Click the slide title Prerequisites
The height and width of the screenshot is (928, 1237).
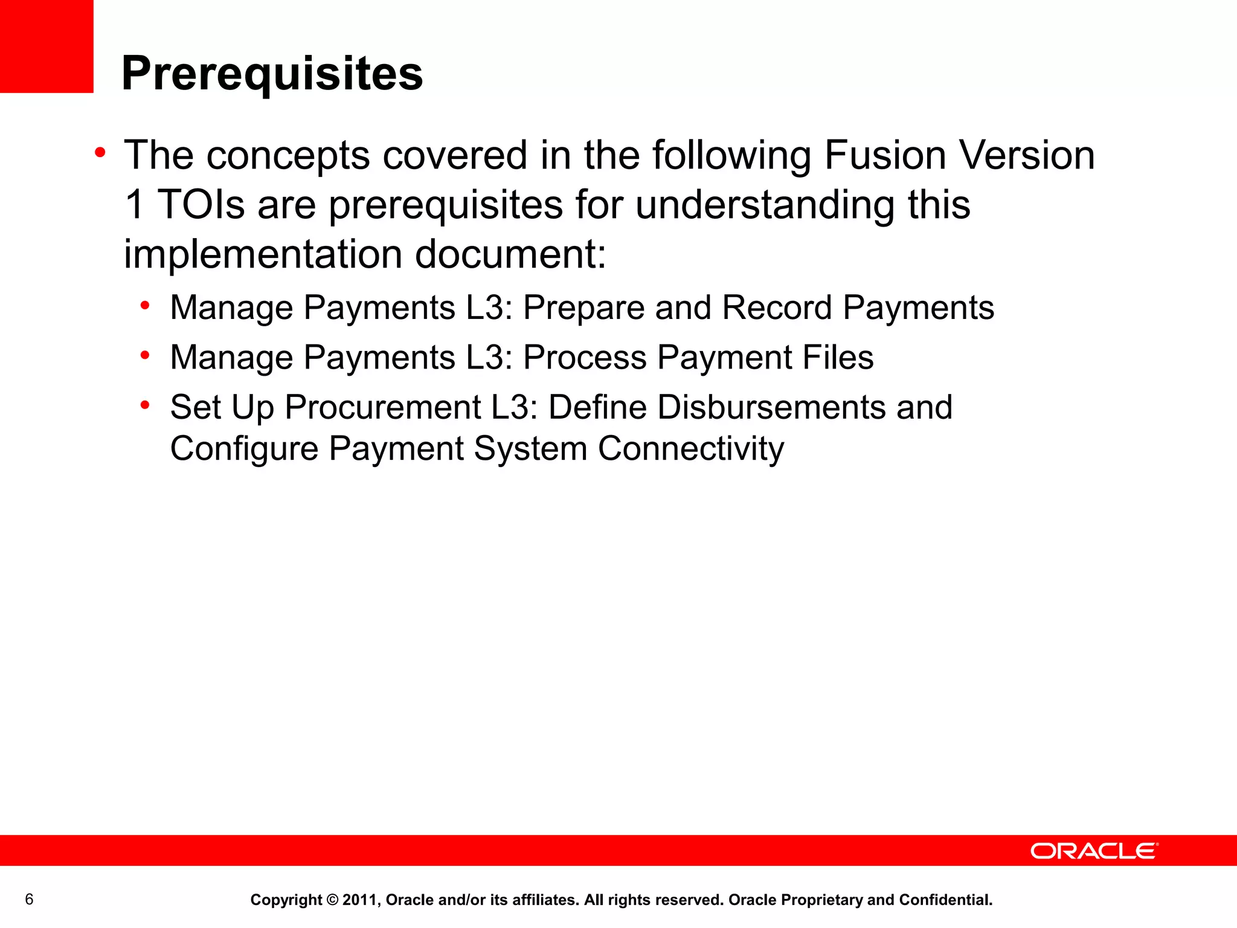point(272,74)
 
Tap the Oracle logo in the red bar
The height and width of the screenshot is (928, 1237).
point(1094,851)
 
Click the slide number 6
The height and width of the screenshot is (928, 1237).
point(29,900)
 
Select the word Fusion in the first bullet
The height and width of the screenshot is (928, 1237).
point(885,155)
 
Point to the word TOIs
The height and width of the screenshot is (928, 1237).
point(201,204)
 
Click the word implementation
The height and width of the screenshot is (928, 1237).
point(263,254)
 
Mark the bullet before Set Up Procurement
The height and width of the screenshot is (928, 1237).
point(145,404)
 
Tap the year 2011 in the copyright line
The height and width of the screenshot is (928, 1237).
point(360,900)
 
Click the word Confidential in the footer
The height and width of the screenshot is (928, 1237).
point(945,900)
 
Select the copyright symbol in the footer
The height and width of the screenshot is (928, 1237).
point(332,900)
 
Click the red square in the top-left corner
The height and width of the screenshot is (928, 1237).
point(47,46)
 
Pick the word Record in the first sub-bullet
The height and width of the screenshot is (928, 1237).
point(777,308)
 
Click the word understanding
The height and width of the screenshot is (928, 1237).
point(766,204)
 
